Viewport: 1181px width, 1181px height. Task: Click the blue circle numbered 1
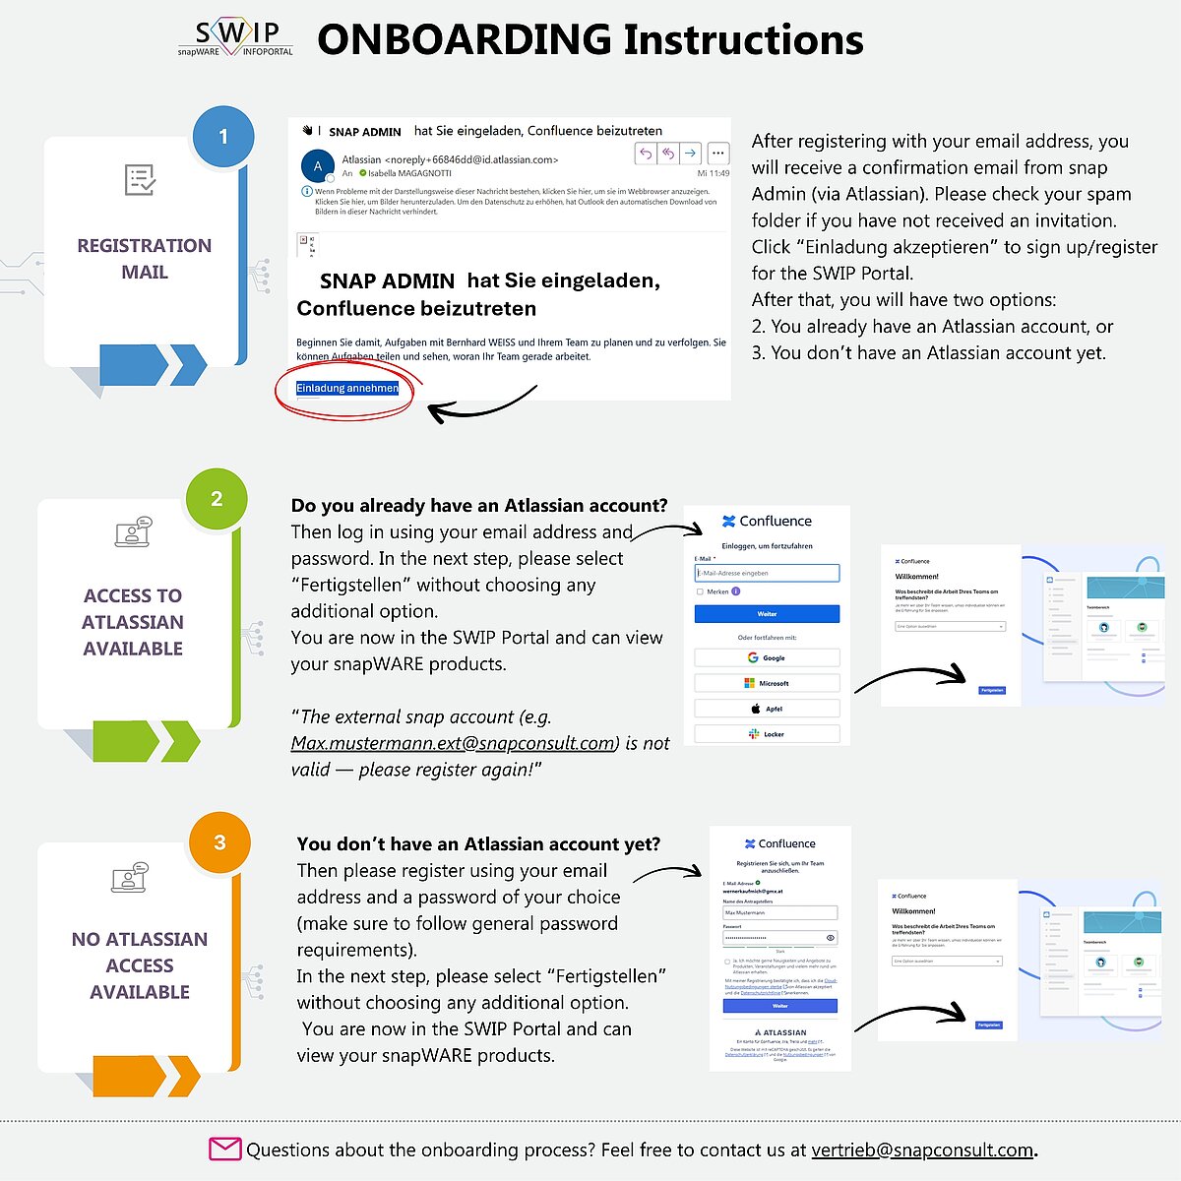click(x=223, y=136)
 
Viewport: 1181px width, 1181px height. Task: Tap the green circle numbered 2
click(x=217, y=499)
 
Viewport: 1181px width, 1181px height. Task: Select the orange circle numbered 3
click(x=219, y=842)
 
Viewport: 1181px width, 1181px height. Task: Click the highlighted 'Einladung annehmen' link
click(x=347, y=388)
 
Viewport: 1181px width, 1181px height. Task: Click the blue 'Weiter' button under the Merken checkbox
click(x=767, y=614)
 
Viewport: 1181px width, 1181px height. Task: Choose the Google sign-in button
click(x=767, y=657)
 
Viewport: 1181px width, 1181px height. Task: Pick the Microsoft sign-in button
click(x=767, y=683)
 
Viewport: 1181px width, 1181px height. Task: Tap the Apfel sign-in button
click(x=767, y=709)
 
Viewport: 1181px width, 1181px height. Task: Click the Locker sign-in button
click(x=767, y=734)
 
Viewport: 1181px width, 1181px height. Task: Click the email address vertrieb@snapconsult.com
click(x=922, y=1150)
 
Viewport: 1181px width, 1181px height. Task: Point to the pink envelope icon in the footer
click(x=224, y=1149)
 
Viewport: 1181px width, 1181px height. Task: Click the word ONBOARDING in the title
click(x=464, y=39)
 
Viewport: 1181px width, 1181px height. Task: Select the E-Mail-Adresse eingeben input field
click(x=767, y=573)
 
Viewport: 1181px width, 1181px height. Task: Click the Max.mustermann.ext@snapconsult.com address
click(x=453, y=743)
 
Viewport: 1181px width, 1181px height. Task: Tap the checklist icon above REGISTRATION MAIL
click(x=141, y=180)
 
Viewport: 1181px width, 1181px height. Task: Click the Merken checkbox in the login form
click(x=700, y=591)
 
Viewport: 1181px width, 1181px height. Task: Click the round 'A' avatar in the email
click(x=317, y=166)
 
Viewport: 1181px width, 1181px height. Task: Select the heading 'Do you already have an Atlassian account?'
click(x=479, y=506)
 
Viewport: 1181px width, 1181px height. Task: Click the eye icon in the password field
click(x=831, y=938)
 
